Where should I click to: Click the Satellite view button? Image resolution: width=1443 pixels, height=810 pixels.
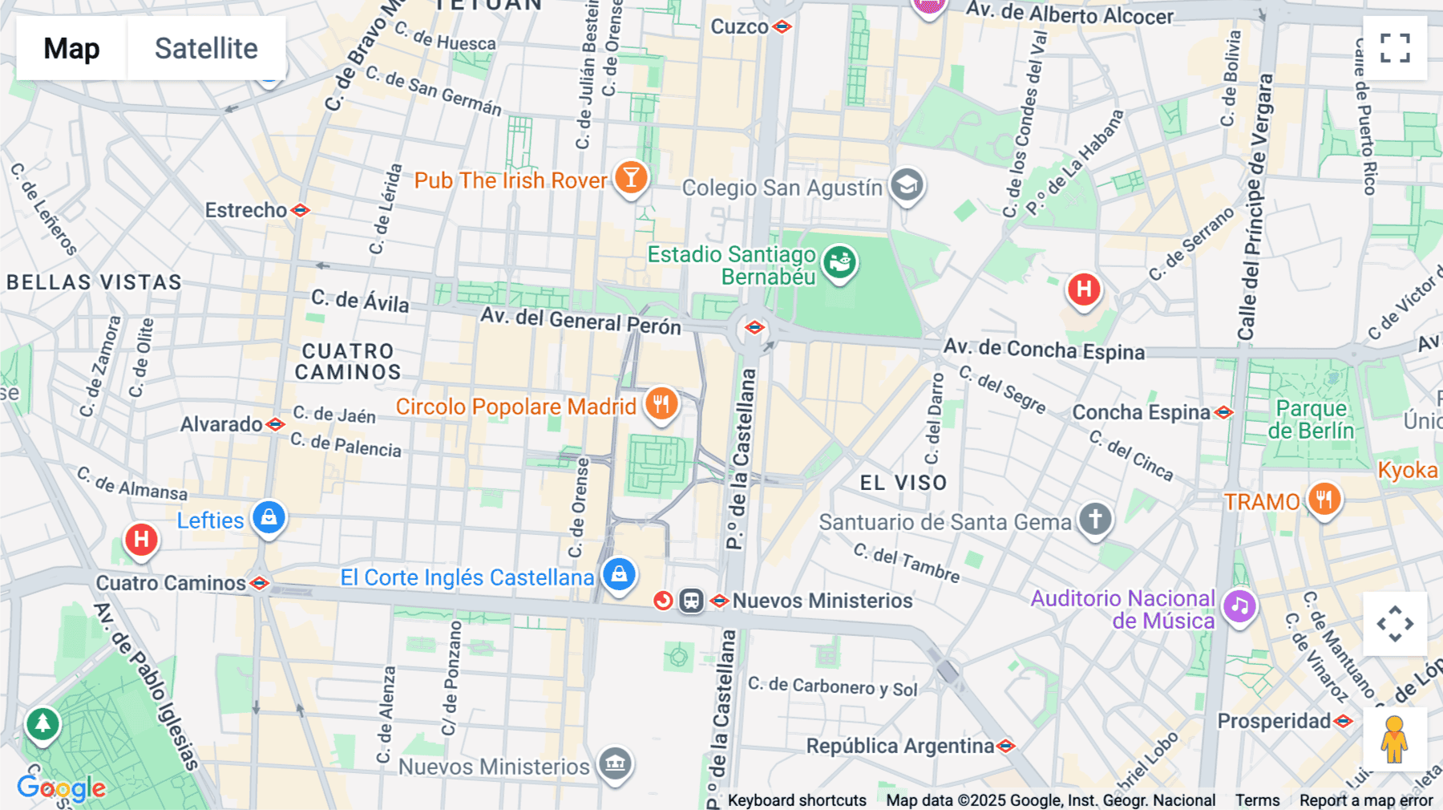tap(206, 48)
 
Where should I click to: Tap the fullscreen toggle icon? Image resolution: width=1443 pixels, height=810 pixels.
tap(1395, 48)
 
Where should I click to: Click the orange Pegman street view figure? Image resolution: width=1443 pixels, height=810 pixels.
tap(1394, 739)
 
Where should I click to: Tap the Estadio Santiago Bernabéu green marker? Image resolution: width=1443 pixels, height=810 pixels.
tap(839, 261)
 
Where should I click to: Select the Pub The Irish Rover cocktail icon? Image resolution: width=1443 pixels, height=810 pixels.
tap(631, 177)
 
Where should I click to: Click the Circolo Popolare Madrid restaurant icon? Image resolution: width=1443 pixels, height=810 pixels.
tap(661, 404)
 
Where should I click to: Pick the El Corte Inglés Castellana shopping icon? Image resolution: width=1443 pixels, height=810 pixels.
tap(619, 574)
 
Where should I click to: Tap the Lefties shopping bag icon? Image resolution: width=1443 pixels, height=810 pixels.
tap(269, 517)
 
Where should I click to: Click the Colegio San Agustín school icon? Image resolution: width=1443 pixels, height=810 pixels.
tap(907, 185)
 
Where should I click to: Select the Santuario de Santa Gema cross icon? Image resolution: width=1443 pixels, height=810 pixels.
tap(1095, 519)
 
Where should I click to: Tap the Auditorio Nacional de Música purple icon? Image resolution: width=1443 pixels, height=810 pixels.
tap(1239, 606)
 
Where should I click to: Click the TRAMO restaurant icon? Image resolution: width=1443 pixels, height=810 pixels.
tap(1324, 500)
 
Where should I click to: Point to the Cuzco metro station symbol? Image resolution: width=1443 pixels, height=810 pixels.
tap(782, 26)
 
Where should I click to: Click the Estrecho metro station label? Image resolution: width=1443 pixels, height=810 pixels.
tap(245, 210)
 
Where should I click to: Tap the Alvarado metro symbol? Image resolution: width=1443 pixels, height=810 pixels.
tap(275, 424)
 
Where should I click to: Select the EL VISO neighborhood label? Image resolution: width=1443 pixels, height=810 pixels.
tap(903, 483)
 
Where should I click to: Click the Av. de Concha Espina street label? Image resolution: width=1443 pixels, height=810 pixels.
tap(1044, 350)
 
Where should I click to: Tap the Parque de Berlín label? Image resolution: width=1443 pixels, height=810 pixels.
tap(1311, 419)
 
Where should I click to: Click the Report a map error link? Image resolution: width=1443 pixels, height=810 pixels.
tap(1365, 800)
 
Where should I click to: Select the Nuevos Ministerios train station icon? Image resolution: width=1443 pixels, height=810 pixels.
tap(691, 601)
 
